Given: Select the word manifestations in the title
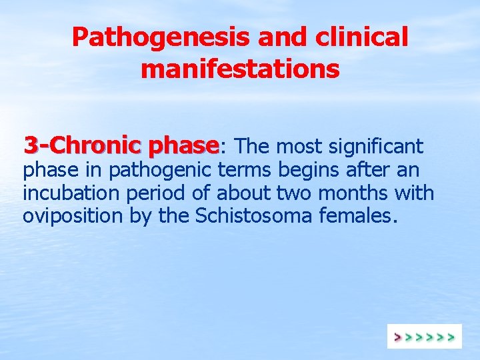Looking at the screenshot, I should point(240,68).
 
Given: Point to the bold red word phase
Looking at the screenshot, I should point(184,145).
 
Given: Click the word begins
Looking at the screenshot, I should point(309,171).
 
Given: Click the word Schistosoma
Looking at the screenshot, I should point(237,216).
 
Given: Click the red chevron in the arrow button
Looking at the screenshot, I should point(398,337).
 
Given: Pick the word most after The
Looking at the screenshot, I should point(297,145).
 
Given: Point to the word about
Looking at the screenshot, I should point(243,193).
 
